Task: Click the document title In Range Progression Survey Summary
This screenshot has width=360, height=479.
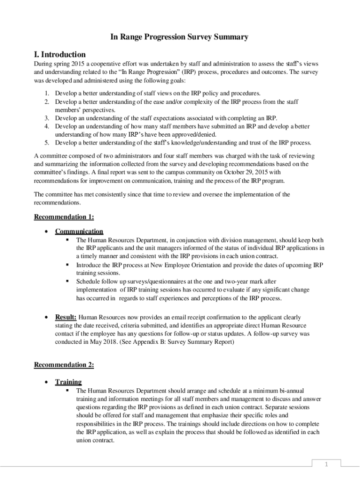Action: pyautogui.click(x=179, y=37)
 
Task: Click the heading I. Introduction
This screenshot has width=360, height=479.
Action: pyautogui.click(x=60, y=54)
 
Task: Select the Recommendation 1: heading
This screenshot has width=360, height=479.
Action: pyautogui.click(x=64, y=217)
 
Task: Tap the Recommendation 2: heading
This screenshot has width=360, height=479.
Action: pyautogui.click(x=64, y=365)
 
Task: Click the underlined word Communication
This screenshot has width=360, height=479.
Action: pyautogui.click(x=79, y=231)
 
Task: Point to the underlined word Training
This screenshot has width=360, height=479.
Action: pyautogui.click(x=68, y=382)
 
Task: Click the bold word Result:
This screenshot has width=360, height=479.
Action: pyautogui.click(x=66, y=317)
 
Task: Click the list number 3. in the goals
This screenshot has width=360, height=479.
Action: pyautogui.click(x=47, y=118)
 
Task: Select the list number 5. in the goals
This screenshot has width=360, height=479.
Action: pyautogui.click(x=47, y=143)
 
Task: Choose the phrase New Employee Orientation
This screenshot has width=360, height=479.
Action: pyautogui.click(x=180, y=265)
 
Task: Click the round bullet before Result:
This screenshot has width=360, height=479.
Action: pyautogui.click(x=46, y=317)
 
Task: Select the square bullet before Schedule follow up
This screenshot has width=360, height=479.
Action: pyautogui.click(x=67, y=281)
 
